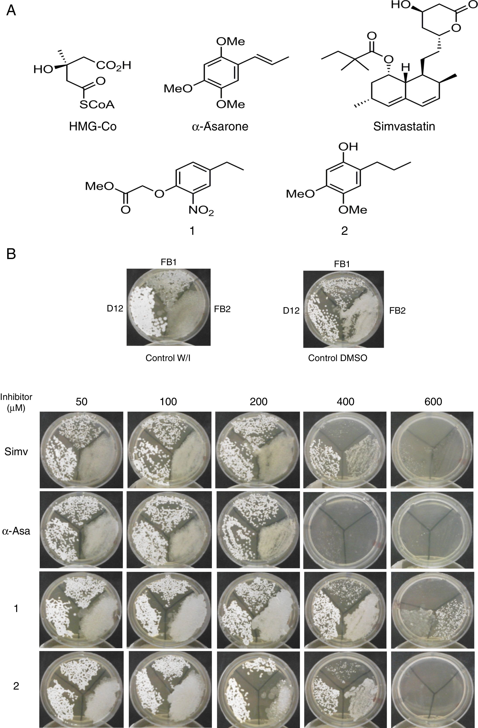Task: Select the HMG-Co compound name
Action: click(x=93, y=126)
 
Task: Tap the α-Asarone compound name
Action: click(x=220, y=126)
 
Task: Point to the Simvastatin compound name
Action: click(x=404, y=126)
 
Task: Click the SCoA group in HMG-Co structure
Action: click(x=97, y=105)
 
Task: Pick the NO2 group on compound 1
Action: click(x=201, y=210)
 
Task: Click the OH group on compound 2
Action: click(x=348, y=147)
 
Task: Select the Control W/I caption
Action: click(x=168, y=358)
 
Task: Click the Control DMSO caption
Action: click(x=337, y=358)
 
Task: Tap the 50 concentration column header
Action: click(x=82, y=401)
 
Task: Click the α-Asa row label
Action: click(x=16, y=531)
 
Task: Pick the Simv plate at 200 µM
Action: click(x=258, y=450)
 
